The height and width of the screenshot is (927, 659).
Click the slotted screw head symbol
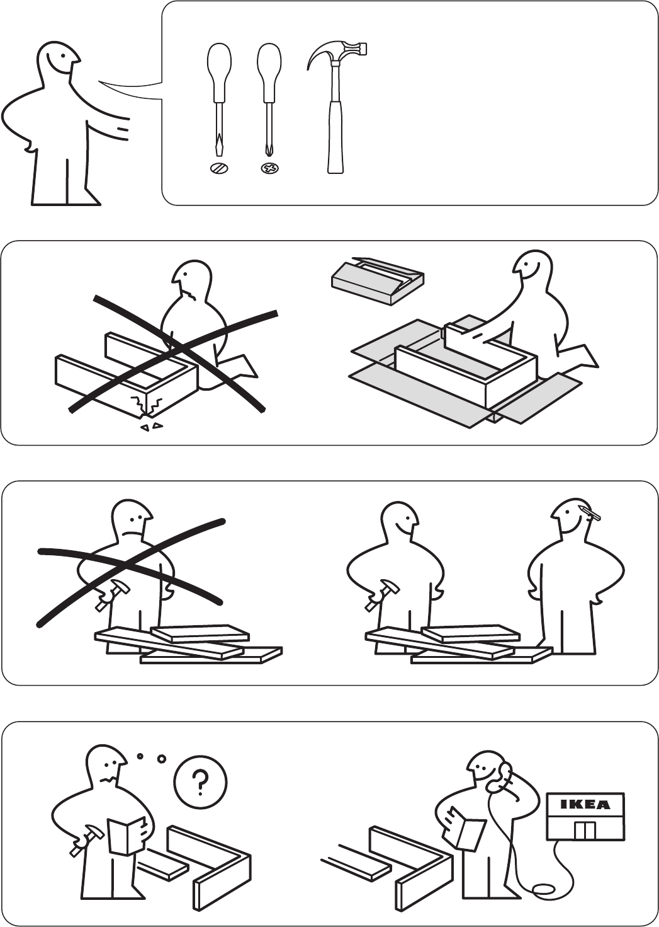point(218,168)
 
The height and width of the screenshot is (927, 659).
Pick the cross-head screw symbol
point(270,168)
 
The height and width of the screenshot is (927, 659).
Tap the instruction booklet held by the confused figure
point(127,827)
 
